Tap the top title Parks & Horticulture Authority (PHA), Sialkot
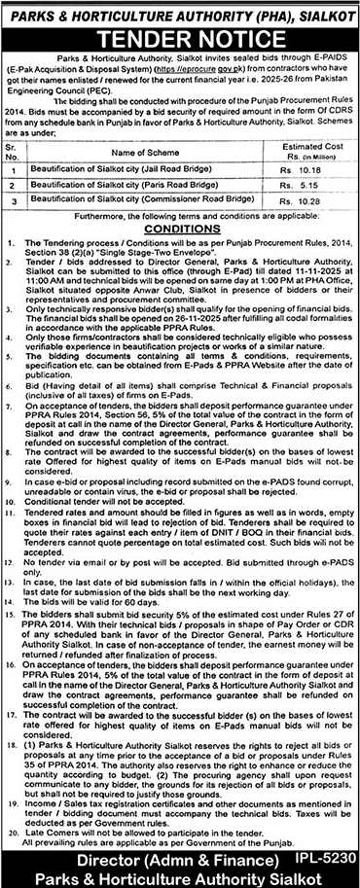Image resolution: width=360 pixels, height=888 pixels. tap(180, 14)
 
